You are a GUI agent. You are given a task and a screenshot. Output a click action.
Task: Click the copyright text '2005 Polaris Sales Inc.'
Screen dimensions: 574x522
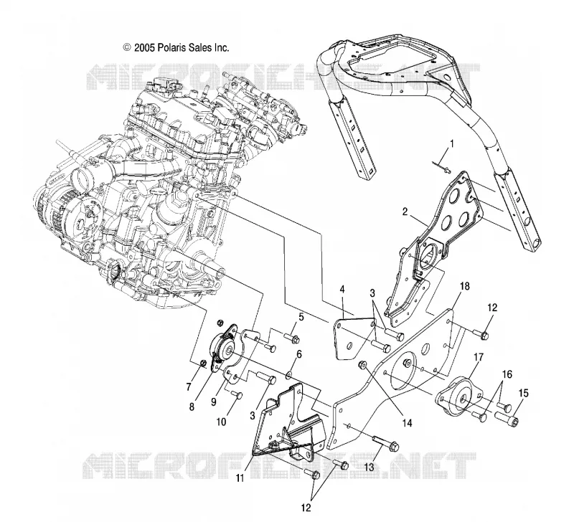pos(182,47)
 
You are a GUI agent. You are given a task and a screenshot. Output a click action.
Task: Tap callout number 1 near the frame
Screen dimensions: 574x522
pos(451,143)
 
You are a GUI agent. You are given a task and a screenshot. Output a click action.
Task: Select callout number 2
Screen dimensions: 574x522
pos(405,212)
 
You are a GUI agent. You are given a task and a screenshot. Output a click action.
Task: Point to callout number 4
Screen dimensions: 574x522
pos(342,290)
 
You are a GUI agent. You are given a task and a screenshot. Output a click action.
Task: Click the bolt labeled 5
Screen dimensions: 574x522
pos(292,337)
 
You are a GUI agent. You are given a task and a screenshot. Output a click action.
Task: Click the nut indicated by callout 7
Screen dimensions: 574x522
pos(202,364)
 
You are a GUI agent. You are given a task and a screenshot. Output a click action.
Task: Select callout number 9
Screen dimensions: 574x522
pos(214,402)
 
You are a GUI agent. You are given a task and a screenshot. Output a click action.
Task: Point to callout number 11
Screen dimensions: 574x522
pos(240,478)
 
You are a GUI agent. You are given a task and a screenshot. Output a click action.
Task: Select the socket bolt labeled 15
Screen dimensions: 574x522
pos(507,417)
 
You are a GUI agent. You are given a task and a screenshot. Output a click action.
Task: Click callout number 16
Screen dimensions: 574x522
pos(507,374)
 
